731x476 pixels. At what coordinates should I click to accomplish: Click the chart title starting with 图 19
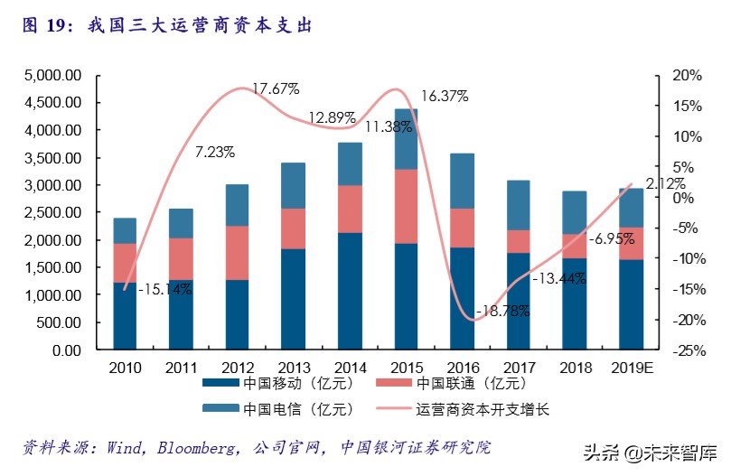point(166,25)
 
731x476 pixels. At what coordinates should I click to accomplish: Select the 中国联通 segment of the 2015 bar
point(406,206)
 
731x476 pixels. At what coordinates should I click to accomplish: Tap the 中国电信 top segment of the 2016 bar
point(462,181)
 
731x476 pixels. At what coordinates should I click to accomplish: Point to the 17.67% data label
point(276,89)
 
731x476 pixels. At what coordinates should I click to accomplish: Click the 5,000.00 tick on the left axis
point(52,75)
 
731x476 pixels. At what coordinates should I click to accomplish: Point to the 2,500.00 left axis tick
point(52,212)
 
